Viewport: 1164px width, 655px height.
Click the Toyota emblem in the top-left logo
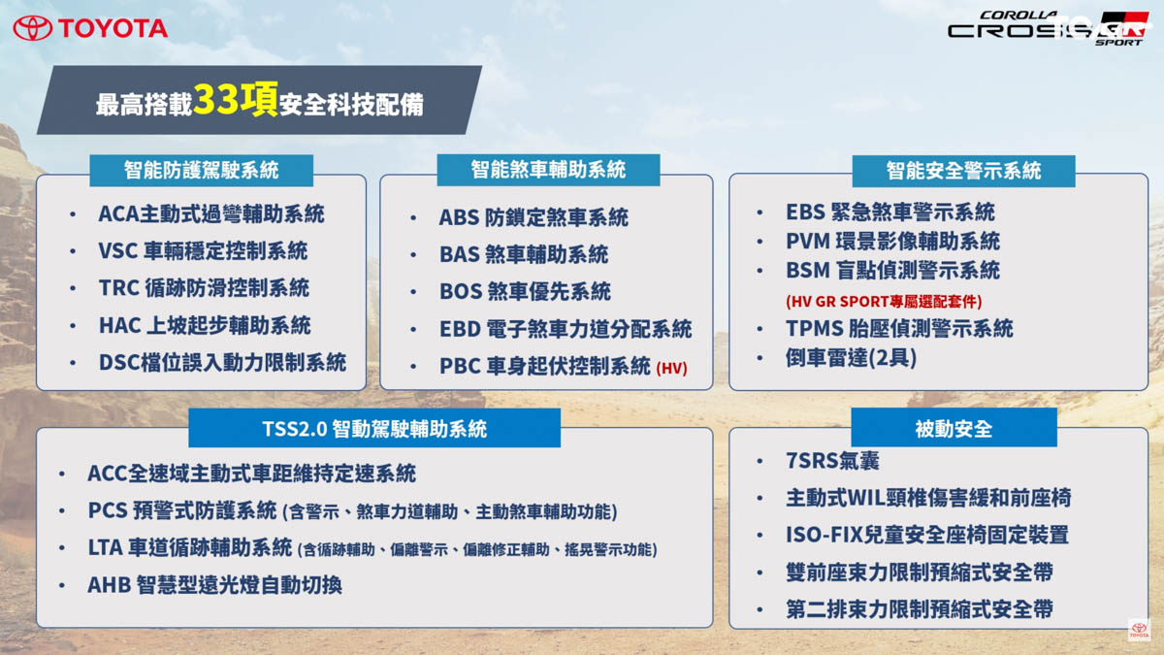point(32,28)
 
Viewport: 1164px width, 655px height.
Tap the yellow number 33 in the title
point(215,99)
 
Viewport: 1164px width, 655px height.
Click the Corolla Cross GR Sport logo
point(1048,28)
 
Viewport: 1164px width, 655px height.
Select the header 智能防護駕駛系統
point(201,171)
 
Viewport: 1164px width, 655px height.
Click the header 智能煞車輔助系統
point(548,170)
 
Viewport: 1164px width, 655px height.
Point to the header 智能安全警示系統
point(963,171)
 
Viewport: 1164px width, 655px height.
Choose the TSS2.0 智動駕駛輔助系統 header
point(374,429)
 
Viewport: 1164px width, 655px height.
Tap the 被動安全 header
point(954,429)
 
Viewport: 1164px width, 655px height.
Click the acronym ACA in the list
point(118,213)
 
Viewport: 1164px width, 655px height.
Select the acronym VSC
point(117,251)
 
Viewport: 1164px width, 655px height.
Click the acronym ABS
point(459,217)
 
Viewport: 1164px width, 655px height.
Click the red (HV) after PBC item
point(671,369)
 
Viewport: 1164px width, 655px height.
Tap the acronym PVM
point(808,242)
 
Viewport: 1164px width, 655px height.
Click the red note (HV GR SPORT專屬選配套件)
point(884,302)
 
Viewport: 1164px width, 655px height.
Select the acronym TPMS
point(814,329)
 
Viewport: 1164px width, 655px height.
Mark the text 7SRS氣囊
point(832,461)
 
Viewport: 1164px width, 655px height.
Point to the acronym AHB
point(109,585)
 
